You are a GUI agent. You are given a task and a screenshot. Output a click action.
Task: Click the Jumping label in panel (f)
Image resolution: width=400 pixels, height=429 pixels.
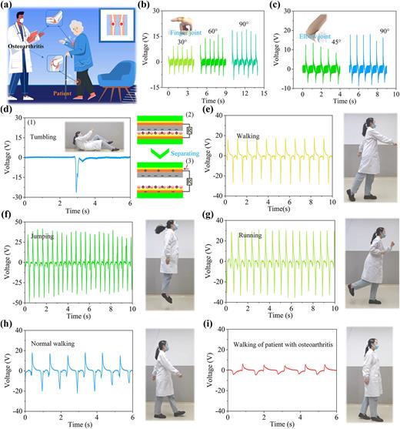[43, 236]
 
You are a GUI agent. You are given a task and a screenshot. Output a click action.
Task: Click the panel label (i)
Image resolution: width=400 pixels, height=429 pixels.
[212, 323]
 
